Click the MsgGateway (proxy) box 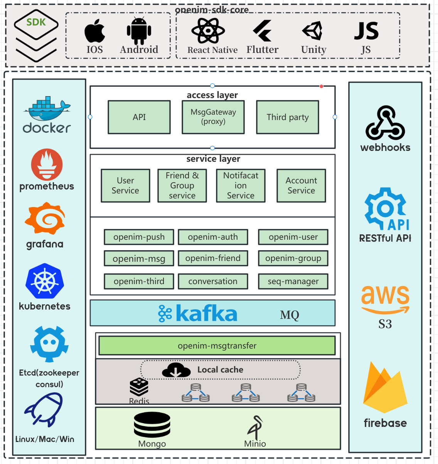pos(213,117)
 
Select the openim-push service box pos(139,237)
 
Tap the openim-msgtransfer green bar pos(217,345)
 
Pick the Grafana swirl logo pos(45,218)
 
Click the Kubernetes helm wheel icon pos(45,281)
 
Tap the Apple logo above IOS pos(95,31)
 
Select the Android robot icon pos(139,30)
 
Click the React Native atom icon pos(208,30)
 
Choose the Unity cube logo pos(313,30)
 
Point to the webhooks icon pos(385,123)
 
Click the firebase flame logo pos(385,388)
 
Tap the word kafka pos(206,313)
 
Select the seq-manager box pos(293,281)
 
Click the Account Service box pos(301,186)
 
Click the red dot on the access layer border pos(321,86)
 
